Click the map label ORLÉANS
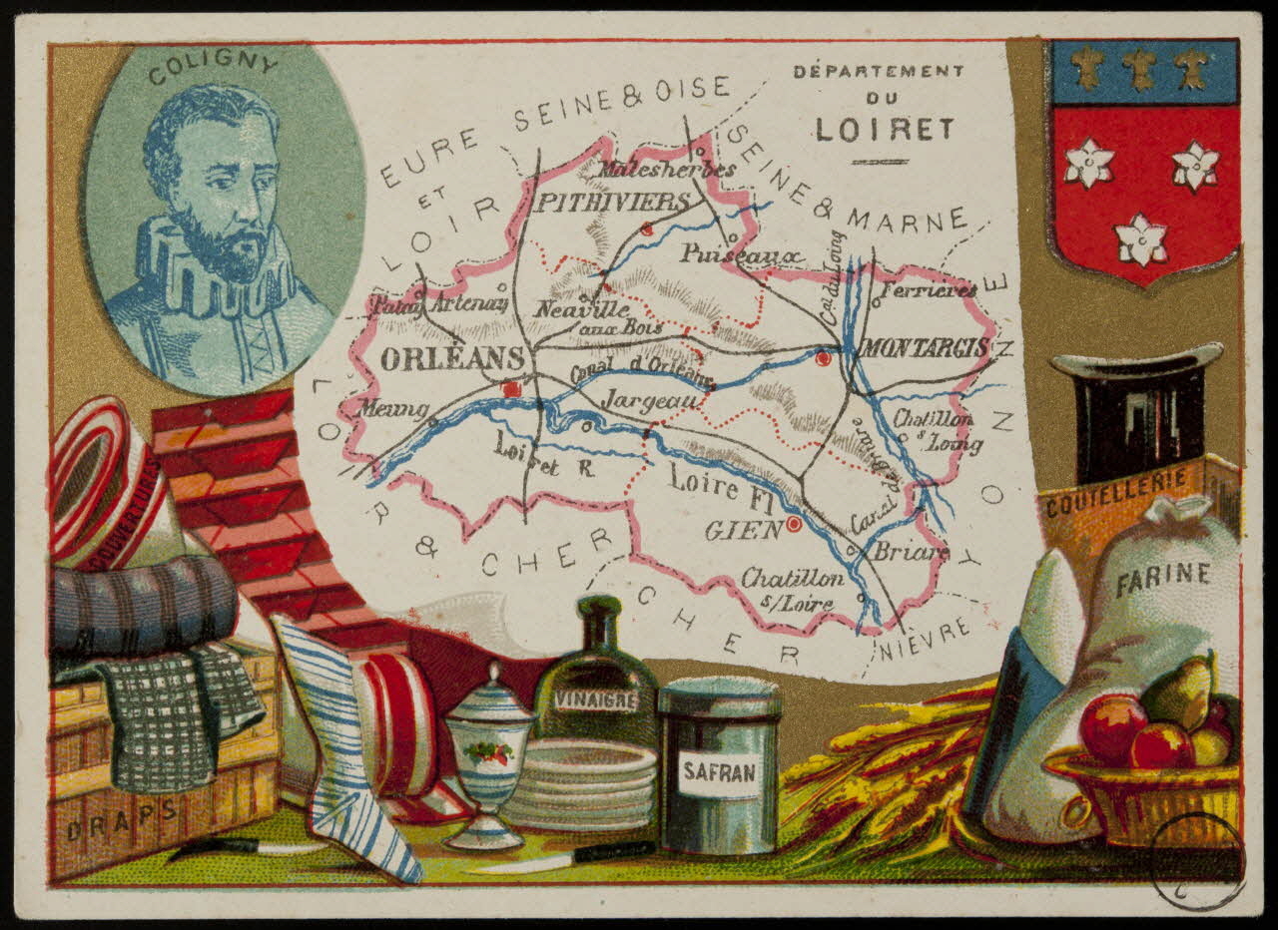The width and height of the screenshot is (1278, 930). point(452,359)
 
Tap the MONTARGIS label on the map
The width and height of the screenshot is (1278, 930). point(924,348)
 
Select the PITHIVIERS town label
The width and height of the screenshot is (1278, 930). point(613,203)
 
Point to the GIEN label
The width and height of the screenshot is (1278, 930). point(743,530)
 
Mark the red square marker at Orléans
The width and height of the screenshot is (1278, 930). point(512,388)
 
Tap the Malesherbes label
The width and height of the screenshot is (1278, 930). point(666,169)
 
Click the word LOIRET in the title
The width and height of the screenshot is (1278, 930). point(884,130)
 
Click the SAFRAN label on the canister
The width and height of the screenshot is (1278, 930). point(720,772)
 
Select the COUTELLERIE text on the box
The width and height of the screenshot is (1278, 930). point(1116,494)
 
